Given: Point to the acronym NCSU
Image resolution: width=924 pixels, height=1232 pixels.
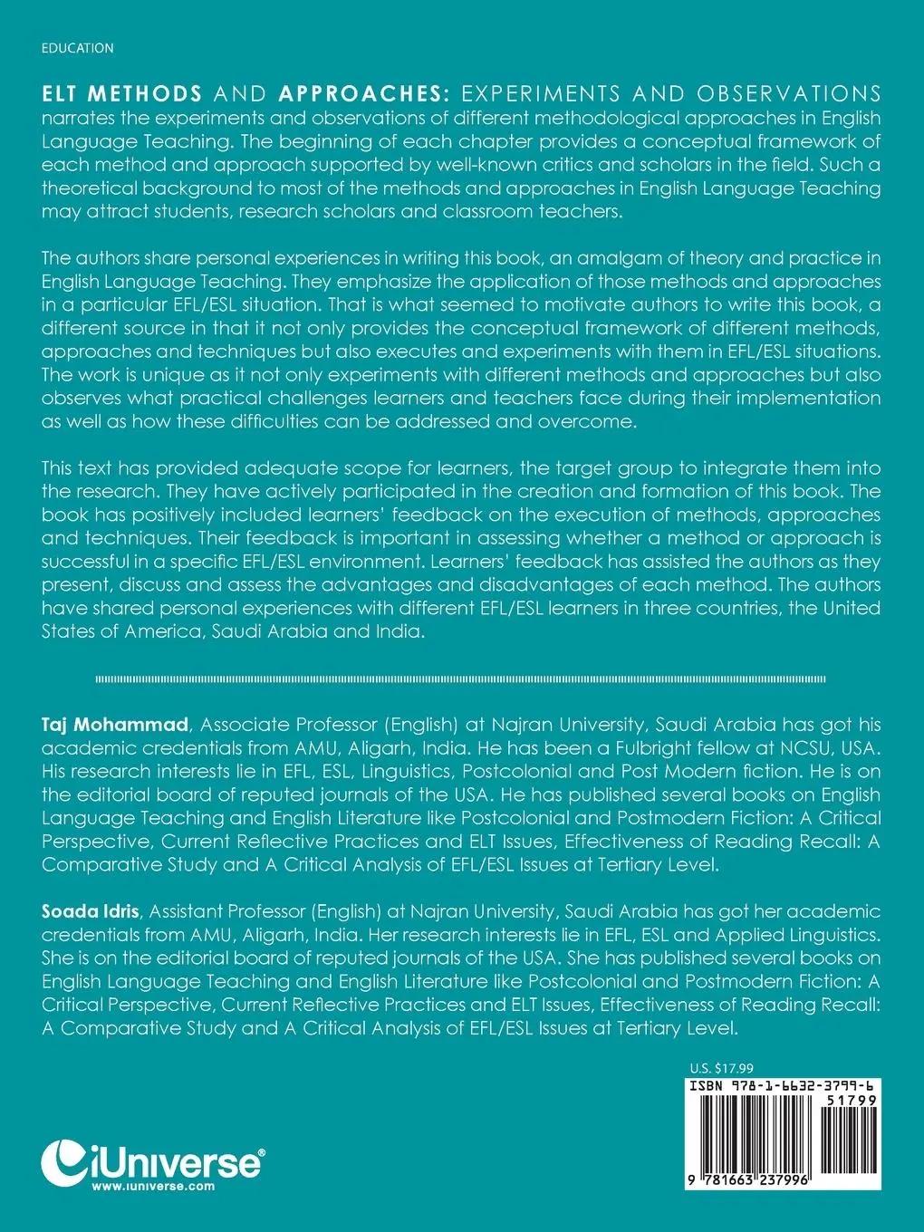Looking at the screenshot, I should point(817,748).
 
